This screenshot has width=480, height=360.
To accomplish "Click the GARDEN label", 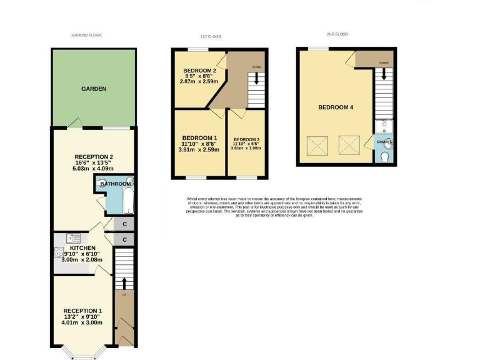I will (94, 89).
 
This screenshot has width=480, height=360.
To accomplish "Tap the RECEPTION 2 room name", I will (94, 157).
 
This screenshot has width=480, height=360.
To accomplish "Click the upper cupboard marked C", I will (125, 224).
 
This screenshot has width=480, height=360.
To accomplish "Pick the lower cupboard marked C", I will (125, 239).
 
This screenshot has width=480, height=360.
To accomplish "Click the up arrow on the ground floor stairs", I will (124, 282).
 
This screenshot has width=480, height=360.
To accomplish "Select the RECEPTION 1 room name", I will (82, 311).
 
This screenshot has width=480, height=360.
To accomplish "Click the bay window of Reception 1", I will (82, 354).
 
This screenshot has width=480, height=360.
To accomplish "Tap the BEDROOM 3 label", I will (246, 139).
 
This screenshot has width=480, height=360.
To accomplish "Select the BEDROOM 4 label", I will (336, 107).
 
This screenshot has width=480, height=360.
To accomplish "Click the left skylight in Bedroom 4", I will (319, 146).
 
